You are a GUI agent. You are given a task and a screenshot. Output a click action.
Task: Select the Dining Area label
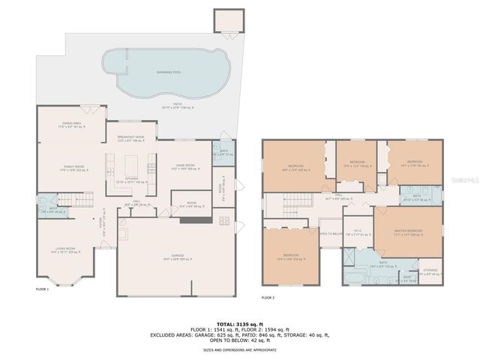pyautogui.click(x=73, y=124)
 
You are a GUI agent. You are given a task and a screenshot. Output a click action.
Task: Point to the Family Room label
pyautogui.click(x=73, y=167)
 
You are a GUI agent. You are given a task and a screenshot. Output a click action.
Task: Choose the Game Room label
pyautogui.click(x=185, y=166)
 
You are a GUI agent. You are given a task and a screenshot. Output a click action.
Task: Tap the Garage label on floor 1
pyautogui.click(x=175, y=257)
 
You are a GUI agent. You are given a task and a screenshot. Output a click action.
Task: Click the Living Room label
pyautogui.click(x=65, y=250)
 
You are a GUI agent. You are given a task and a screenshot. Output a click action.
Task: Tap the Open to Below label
pyautogui.click(x=330, y=233)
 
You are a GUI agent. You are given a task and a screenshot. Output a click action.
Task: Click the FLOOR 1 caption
pyautogui.click(x=42, y=289)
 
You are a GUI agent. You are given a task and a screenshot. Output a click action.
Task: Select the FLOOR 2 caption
pyautogui.click(x=268, y=298)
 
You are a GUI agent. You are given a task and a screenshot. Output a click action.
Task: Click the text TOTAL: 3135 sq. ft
pyautogui.click(x=239, y=322)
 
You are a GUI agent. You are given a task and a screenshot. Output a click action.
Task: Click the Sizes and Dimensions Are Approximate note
pyautogui.click(x=239, y=349)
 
